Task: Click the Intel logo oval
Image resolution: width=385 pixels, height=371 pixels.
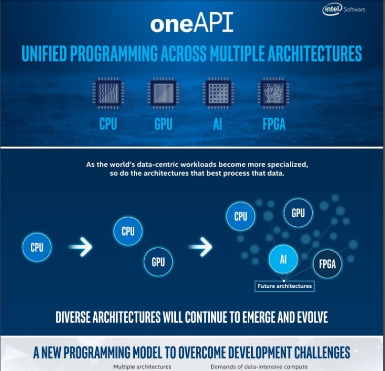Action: click(332, 10)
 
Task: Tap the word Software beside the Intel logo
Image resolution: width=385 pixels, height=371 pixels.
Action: click(354, 10)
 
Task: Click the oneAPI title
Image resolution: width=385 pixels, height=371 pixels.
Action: click(192, 22)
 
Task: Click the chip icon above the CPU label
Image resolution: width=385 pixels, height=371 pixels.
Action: click(108, 93)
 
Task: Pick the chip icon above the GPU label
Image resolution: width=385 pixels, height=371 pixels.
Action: click(163, 93)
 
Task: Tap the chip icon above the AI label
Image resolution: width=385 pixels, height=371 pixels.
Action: click(218, 93)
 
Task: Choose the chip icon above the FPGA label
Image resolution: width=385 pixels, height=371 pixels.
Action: click(273, 93)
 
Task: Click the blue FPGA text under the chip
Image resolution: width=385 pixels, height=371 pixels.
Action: click(274, 124)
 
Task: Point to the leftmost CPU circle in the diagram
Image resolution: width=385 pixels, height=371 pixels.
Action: click(37, 247)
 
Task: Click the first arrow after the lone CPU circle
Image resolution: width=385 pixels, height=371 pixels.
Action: click(80, 247)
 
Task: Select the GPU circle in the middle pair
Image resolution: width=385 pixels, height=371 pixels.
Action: click(158, 262)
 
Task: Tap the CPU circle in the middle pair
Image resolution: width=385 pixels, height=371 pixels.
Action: click(128, 231)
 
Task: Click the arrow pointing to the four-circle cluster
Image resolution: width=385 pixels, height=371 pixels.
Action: click(200, 247)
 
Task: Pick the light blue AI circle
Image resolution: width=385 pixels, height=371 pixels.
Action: click(283, 259)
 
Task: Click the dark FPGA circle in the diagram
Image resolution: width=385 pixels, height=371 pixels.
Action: click(327, 264)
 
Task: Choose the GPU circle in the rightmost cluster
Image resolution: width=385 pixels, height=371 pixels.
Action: click(298, 213)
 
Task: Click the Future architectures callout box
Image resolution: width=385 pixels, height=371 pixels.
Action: click(285, 286)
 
